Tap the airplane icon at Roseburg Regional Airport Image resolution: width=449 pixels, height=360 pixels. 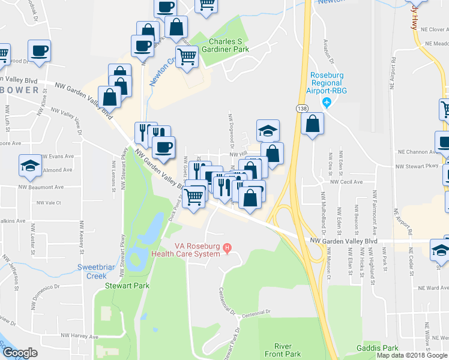[327, 103]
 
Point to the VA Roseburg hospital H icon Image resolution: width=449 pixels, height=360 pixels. [227, 247]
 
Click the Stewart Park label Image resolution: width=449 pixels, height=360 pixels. [127, 286]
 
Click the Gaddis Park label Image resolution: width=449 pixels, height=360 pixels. [376, 348]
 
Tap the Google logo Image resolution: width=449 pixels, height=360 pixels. [20, 353]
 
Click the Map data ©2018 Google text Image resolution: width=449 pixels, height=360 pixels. [412, 355]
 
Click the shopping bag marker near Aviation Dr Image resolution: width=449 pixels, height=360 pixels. [313, 124]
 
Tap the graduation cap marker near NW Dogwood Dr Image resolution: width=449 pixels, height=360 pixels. [268, 130]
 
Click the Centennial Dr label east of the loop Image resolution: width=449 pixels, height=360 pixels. [258, 312]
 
